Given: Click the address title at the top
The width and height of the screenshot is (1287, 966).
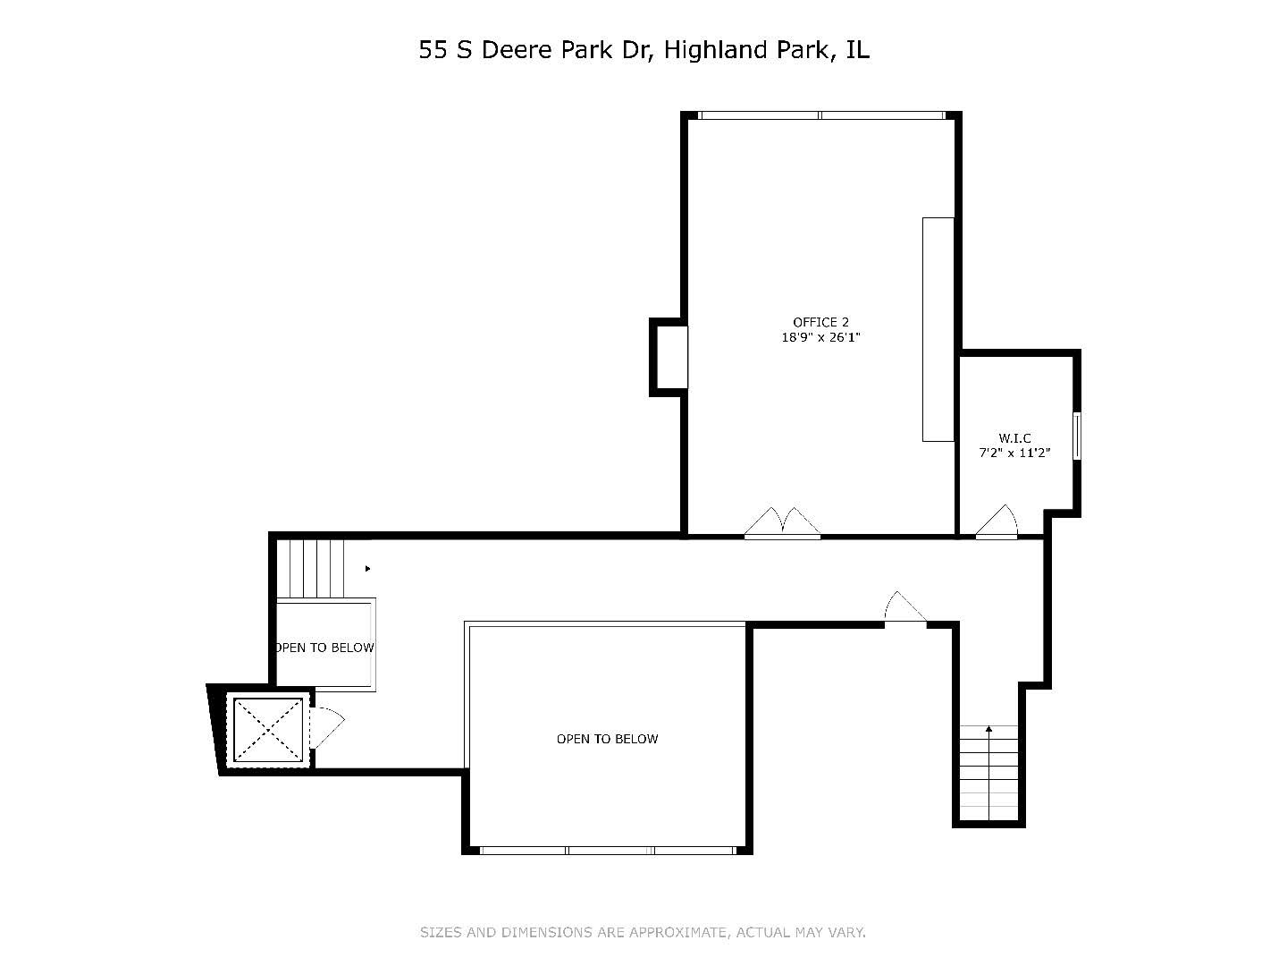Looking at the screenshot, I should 643,50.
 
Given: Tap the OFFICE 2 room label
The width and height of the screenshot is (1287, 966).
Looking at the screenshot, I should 820,322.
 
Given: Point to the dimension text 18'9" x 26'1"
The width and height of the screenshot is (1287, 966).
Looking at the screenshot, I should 820,338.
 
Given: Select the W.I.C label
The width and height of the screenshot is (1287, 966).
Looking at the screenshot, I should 1014,437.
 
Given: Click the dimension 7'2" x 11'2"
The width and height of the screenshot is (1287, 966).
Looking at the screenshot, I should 1014,453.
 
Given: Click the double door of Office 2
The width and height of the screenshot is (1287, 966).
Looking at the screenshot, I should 782,525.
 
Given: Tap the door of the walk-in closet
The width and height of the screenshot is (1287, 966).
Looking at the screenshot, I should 997,524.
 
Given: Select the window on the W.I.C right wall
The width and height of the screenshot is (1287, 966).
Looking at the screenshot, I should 1077,436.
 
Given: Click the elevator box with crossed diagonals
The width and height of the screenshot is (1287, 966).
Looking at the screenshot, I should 268,729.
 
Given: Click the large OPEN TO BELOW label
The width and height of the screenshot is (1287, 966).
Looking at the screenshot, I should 607,739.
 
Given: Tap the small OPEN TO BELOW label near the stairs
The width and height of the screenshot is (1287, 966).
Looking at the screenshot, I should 324,648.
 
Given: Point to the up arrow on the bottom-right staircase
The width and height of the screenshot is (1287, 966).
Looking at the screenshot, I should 988,731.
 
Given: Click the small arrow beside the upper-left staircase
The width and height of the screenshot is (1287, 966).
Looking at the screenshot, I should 367,568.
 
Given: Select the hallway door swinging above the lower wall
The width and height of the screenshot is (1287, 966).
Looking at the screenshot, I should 904,609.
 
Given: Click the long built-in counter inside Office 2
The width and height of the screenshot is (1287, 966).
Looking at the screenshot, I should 938,329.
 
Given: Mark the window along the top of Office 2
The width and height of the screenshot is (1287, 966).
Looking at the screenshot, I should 820,115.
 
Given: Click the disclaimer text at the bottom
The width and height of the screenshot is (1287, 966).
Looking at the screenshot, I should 643,932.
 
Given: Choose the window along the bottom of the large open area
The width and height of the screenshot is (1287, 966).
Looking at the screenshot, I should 608,850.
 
